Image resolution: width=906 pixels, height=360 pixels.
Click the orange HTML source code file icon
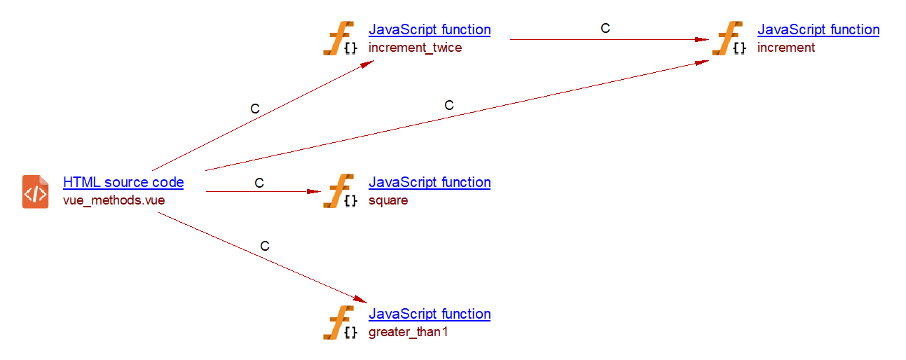coord(36,191)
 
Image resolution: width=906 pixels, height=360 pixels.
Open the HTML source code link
coord(123,182)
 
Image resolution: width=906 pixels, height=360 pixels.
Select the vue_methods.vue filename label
coord(114,200)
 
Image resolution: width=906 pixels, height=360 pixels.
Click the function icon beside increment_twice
coord(340,39)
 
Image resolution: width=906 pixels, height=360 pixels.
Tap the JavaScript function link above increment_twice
coord(430,29)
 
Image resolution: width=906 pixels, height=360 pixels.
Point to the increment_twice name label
coord(415,48)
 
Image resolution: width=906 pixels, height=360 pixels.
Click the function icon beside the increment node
coord(729,39)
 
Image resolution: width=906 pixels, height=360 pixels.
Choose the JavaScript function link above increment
coord(818,29)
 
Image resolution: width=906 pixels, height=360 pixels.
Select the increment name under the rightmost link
coord(786,48)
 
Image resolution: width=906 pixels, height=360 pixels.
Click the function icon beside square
coord(340,191)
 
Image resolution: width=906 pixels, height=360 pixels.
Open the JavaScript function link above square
coord(430,182)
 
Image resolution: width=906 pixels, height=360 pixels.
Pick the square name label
coord(388,200)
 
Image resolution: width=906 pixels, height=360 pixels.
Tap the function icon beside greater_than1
coord(340,323)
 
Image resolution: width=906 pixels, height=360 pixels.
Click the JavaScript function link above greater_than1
coord(430,314)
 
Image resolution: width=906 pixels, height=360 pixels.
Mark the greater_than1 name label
coord(408,332)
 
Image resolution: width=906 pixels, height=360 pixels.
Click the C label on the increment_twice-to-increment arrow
coord(605,29)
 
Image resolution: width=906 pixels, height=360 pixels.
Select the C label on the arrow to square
coord(259,183)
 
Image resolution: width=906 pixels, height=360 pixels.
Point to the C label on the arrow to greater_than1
coord(265,246)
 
